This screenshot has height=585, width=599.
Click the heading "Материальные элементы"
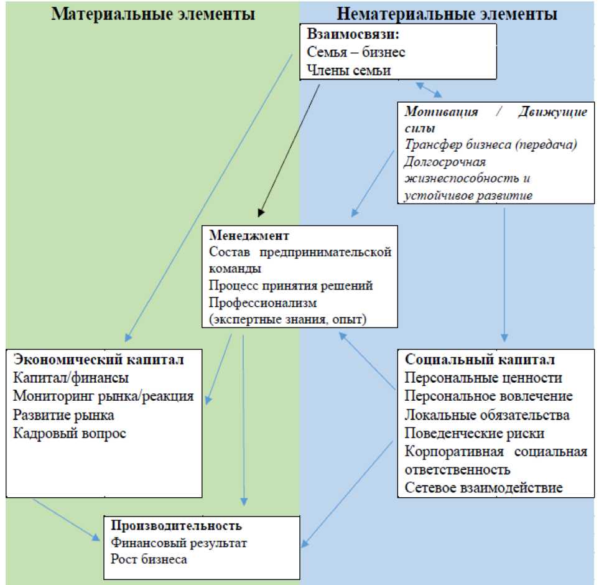click(x=153, y=14)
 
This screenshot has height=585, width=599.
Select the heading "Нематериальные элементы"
click(x=447, y=14)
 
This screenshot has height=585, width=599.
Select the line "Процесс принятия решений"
click(x=290, y=286)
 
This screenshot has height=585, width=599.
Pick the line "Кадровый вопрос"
click(x=69, y=433)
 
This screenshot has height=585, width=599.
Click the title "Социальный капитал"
click(x=480, y=360)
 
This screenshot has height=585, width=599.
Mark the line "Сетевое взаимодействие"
click(x=484, y=487)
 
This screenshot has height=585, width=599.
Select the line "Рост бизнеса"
click(x=149, y=559)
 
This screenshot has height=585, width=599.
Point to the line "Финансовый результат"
click(x=179, y=542)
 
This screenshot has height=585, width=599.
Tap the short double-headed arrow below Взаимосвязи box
click(x=429, y=89)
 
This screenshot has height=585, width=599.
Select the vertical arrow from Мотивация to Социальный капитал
click(x=504, y=274)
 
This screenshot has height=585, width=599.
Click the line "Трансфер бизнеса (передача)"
click(x=491, y=144)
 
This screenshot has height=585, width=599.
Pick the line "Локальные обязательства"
click(x=487, y=414)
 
